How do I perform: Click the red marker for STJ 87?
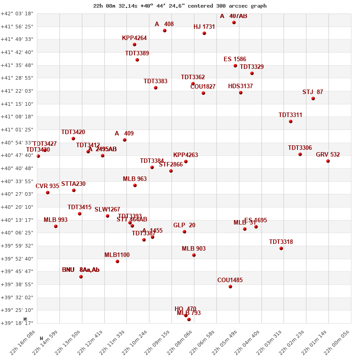click(x=313, y=99)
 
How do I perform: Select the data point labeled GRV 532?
click(x=328, y=161)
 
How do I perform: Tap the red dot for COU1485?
click(x=230, y=287)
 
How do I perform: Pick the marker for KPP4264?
click(x=135, y=45)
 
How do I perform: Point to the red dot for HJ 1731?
click(x=204, y=33)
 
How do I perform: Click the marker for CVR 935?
click(x=48, y=193)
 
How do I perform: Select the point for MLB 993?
click(x=56, y=226)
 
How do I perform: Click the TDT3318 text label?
click(x=281, y=242)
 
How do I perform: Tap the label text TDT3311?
click(x=290, y=115)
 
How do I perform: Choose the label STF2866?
click(x=171, y=165)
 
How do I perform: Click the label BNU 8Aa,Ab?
click(x=81, y=270)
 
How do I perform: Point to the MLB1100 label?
click(x=117, y=255)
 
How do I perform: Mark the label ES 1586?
click(x=235, y=59)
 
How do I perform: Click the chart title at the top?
click(x=180, y=6)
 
